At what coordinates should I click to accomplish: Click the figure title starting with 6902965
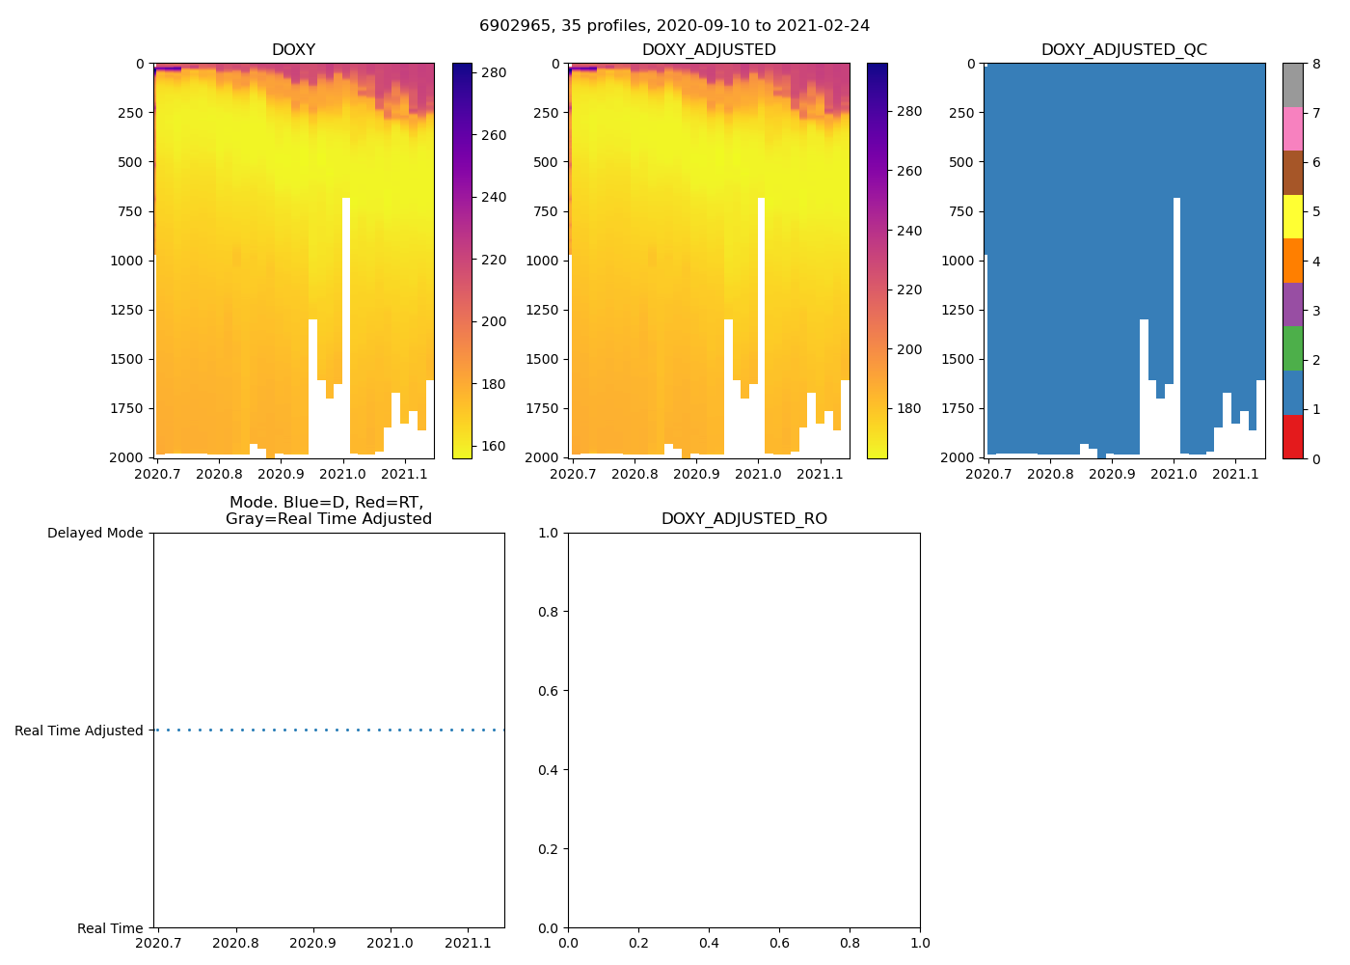tap(674, 26)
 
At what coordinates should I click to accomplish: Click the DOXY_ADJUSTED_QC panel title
tap(1123, 50)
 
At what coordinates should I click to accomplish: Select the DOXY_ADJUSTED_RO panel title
tap(743, 519)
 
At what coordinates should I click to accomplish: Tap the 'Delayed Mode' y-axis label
tap(94, 534)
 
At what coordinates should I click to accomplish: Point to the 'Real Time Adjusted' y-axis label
tap(79, 731)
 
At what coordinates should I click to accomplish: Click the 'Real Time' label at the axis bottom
tap(110, 928)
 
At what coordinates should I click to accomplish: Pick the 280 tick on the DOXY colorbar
tap(494, 73)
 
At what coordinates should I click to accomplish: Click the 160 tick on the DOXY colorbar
tap(494, 446)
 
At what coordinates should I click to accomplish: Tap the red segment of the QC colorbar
tap(1292, 436)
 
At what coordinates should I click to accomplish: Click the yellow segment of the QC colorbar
tap(1292, 216)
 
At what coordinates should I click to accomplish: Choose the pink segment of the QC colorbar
tap(1292, 128)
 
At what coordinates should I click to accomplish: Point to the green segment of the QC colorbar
tap(1292, 348)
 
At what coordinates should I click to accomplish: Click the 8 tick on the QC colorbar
tap(1316, 65)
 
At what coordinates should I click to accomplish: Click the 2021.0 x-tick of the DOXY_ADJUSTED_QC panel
tap(1174, 474)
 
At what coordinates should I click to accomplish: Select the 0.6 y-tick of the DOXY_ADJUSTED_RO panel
tap(550, 691)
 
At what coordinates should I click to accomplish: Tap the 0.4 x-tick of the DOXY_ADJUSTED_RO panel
tap(709, 943)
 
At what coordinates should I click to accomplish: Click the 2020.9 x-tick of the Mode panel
tap(312, 943)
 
